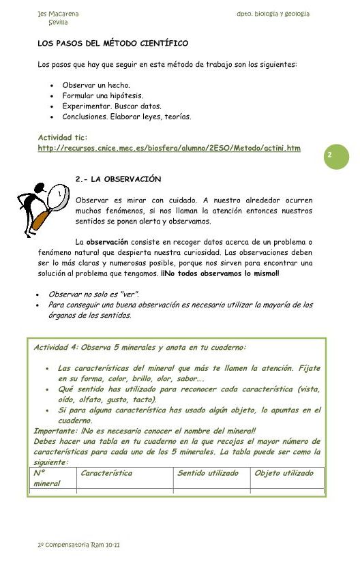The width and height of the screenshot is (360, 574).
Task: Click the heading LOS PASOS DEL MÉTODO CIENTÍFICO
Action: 112,44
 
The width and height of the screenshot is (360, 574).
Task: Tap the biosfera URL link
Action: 169,148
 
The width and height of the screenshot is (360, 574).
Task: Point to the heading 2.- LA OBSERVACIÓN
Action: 118,179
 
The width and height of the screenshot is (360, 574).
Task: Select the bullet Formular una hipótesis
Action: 102,95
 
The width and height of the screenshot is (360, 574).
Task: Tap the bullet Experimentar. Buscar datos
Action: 112,106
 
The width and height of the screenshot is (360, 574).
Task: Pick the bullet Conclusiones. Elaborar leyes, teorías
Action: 127,116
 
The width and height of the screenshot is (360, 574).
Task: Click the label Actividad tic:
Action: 63,138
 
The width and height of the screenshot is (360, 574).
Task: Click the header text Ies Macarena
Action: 58,14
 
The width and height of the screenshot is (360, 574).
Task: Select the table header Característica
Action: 106,473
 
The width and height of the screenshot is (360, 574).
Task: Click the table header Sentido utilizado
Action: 208,473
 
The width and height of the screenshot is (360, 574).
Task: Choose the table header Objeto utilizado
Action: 284,473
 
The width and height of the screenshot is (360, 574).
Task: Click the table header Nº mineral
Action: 46,478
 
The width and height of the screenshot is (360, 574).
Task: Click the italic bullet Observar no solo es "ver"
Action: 93,294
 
